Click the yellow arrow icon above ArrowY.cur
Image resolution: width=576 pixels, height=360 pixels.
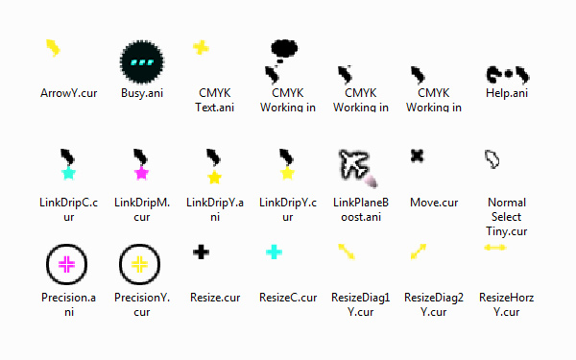pyautogui.click(x=53, y=48)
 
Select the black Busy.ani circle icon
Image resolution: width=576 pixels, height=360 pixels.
pyautogui.click(x=142, y=61)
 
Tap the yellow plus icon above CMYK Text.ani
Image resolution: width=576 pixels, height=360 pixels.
pyautogui.click(x=201, y=48)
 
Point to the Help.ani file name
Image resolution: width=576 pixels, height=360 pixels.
pyautogui.click(x=507, y=93)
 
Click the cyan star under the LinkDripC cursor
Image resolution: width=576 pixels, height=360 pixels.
pyautogui.click(x=69, y=173)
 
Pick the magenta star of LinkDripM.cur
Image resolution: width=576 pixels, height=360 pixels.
pyautogui.click(x=141, y=173)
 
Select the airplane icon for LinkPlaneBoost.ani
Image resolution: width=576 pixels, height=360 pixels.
pyautogui.click(x=354, y=165)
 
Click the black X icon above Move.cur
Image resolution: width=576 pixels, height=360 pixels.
pyautogui.click(x=417, y=156)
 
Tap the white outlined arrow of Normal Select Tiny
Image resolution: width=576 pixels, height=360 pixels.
pyautogui.click(x=492, y=159)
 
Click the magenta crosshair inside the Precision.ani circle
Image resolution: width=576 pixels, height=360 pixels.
pyautogui.click(x=66, y=265)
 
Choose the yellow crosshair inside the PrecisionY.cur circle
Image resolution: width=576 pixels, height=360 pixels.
pyautogui.click(x=139, y=265)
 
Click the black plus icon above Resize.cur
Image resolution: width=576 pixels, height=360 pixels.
pyautogui.click(x=201, y=252)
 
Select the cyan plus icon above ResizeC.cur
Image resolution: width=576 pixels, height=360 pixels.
pyautogui.click(x=274, y=252)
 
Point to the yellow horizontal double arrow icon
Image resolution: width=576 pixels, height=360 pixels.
pyautogui.click(x=495, y=248)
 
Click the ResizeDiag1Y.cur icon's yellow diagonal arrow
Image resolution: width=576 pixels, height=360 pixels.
pyautogui.click(x=347, y=252)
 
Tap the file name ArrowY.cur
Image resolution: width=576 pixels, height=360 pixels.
pyautogui.click(x=69, y=93)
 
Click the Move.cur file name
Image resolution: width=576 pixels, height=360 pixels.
pyautogui.click(x=434, y=203)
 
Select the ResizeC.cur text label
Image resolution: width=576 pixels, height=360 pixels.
pyautogui.click(x=288, y=298)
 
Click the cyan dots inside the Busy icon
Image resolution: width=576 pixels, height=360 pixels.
pyautogui.click(x=142, y=62)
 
